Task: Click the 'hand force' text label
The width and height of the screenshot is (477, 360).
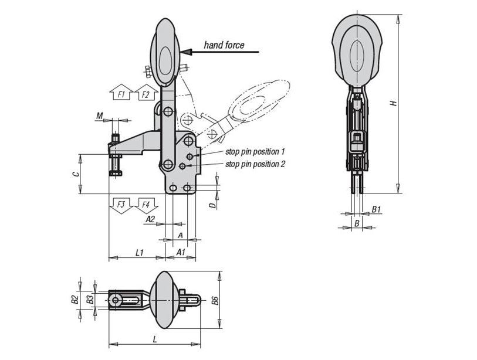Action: pyautogui.click(x=224, y=45)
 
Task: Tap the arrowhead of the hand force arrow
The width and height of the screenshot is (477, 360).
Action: pyautogui.click(x=187, y=52)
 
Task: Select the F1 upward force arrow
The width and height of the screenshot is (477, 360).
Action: pyautogui.click(x=121, y=92)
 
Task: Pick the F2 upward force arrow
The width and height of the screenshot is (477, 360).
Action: pyautogui.click(x=146, y=92)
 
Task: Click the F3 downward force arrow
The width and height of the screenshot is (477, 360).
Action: pyautogui.click(x=121, y=206)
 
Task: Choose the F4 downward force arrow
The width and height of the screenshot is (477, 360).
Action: pyautogui.click(x=146, y=206)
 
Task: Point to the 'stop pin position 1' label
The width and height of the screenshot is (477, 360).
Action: pyautogui.click(x=255, y=151)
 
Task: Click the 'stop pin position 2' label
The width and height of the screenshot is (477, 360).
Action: pyautogui.click(x=255, y=164)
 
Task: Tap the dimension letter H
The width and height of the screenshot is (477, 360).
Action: pyautogui.click(x=394, y=103)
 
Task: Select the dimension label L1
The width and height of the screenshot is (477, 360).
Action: pyautogui.click(x=140, y=252)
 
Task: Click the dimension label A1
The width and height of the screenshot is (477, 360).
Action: pyautogui.click(x=181, y=252)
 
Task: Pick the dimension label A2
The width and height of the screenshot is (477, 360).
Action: pyautogui.click(x=150, y=219)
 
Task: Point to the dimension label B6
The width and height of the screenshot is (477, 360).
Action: pyautogui.click(x=216, y=300)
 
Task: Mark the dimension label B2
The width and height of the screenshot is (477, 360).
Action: pyautogui.click(x=75, y=300)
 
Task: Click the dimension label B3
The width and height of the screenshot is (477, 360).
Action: pyautogui.click(x=90, y=300)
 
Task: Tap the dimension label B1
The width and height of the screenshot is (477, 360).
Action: pyautogui.click(x=377, y=209)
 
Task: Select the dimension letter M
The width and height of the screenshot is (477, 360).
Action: pyautogui.click(x=100, y=116)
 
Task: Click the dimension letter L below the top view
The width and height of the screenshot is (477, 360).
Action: pyautogui.click(x=155, y=339)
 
